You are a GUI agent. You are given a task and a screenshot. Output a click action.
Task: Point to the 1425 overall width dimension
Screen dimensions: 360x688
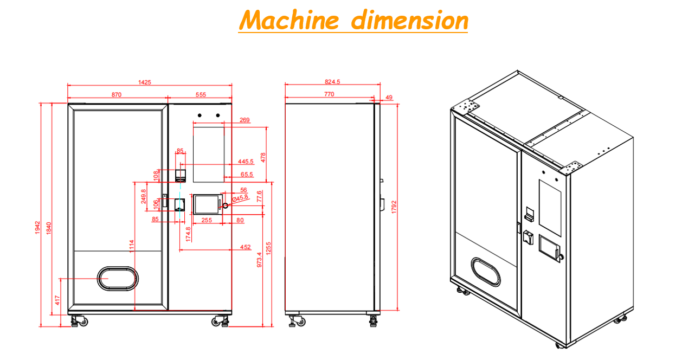[144, 82]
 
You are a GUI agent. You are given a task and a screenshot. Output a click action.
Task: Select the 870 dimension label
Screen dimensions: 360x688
[116, 94]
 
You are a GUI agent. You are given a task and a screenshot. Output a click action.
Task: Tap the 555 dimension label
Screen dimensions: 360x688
[201, 94]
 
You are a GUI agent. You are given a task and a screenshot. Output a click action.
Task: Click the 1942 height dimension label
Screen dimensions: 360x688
[37, 228]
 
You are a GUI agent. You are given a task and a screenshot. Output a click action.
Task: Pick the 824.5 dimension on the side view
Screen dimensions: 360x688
[332, 82]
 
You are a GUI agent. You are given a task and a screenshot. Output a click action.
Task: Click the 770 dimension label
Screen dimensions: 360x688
[329, 94]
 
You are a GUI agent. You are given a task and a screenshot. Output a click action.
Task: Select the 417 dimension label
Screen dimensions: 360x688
[57, 299]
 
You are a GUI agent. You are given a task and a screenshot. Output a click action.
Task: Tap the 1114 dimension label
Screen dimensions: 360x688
[131, 247]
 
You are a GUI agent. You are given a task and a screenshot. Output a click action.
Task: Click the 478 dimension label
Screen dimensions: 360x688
[263, 157]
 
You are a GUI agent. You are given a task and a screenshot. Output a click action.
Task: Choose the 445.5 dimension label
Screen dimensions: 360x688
[246, 162]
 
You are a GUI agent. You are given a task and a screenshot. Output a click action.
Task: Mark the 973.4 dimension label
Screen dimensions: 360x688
[259, 260]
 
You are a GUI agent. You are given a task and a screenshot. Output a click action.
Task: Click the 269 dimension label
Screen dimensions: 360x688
[245, 120]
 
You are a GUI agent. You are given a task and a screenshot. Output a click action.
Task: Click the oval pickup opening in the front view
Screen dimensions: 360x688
[117, 278]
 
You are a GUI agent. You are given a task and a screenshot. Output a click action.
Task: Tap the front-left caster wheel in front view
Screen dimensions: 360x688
[76, 321]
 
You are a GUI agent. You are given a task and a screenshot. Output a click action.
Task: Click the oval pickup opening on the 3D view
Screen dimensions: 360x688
[486, 271]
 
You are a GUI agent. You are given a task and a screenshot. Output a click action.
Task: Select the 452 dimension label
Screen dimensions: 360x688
[245, 247]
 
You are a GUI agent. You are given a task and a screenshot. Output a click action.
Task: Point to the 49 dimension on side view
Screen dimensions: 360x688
[389, 98]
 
